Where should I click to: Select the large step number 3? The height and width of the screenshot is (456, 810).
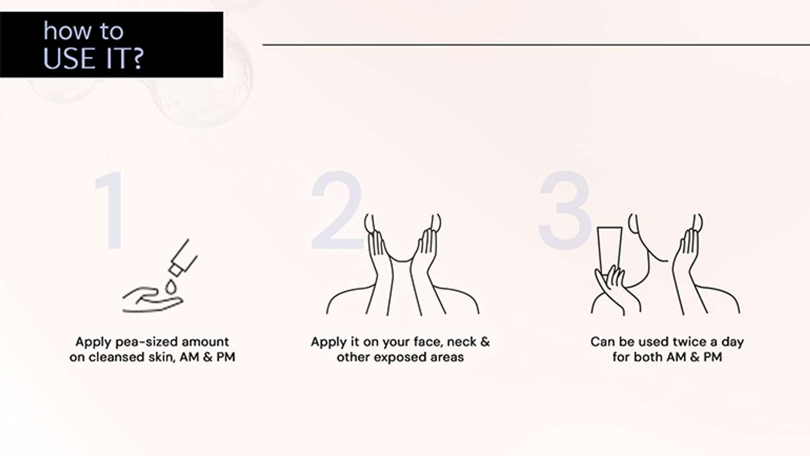coord(565,211)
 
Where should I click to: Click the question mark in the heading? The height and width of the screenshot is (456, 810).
coord(137,58)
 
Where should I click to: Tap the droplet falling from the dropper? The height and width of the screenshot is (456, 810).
coord(170,286)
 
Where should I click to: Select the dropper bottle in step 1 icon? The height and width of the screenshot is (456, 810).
coord(183,258)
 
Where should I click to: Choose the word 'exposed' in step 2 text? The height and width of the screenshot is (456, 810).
coord(400,357)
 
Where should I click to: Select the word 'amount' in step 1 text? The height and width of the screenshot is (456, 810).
coord(206,342)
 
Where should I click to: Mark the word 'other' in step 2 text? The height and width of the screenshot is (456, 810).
coord(353,357)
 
